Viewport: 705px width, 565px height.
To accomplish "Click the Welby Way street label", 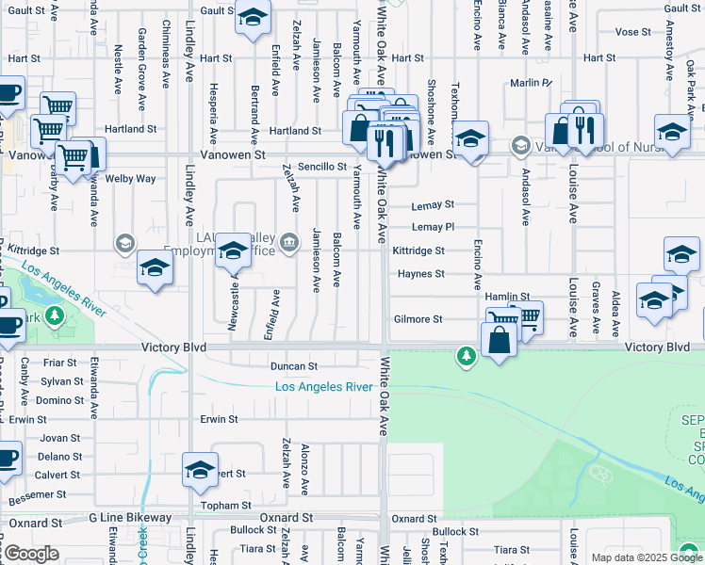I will (x=131, y=178).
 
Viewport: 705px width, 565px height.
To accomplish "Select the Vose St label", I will (x=632, y=32).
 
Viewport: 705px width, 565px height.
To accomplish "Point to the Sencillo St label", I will (x=323, y=167).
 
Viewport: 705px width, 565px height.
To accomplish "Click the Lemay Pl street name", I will (x=433, y=228).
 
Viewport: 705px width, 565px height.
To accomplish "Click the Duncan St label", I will (x=294, y=365).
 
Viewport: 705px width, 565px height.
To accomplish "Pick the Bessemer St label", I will (x=38, y=494).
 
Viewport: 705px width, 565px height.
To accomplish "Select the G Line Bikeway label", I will (x=130, y=518).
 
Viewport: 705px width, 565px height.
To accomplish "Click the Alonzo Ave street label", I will (x=304, y=469).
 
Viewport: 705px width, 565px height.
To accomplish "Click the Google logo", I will (x=30, y=554).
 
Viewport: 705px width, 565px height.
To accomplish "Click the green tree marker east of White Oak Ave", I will (x=465, y=355).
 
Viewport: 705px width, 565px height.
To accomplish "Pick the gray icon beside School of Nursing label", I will (x=520, y=146).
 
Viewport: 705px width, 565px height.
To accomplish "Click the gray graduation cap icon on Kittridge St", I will (x=124, y=245).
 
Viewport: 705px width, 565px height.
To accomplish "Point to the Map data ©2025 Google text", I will (x=631, y=557).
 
